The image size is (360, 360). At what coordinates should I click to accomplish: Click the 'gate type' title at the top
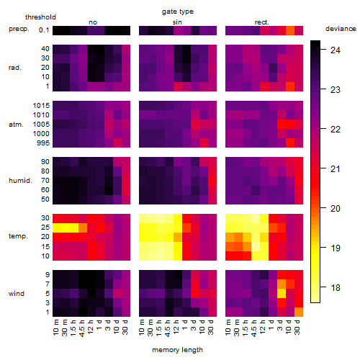coord(178,12)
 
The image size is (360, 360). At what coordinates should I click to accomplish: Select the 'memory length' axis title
coord(177,350)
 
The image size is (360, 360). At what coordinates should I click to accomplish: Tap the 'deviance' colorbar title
coord(341,29)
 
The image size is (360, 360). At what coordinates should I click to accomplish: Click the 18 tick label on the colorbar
coord(336,287)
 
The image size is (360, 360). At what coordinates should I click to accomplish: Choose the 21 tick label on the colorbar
coord(336,169)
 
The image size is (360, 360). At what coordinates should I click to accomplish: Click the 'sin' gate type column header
coord(177,22)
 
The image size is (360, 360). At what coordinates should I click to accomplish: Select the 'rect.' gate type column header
coord(261,22)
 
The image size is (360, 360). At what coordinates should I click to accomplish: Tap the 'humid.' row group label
coord(20,181)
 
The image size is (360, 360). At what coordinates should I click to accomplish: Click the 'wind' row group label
coord(17,294)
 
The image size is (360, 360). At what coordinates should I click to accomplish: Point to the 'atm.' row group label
coord(16,125)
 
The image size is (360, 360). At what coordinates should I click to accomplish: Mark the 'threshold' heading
coord(40,17)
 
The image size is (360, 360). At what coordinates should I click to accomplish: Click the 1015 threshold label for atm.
coord(41,106)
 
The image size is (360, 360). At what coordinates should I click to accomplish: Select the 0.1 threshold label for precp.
coord(44,30)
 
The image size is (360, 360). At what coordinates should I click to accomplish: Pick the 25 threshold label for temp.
coord(45,227)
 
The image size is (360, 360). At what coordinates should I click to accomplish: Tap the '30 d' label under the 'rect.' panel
coord(297,327)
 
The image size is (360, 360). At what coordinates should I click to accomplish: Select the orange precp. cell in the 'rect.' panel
coord(290,30)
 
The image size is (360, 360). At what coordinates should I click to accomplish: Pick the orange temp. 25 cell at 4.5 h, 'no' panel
coord(83,228)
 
